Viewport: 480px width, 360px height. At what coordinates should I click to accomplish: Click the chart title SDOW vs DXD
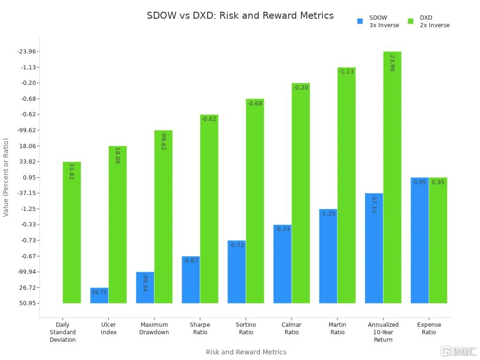(240, 15)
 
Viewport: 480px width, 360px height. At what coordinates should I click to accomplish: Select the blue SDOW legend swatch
(360, 21)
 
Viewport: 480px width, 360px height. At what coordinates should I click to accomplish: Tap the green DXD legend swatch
(411, 21)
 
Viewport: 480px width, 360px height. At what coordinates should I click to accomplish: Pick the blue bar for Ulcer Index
(99, 295)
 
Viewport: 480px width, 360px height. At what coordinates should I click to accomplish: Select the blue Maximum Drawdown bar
(145, 287)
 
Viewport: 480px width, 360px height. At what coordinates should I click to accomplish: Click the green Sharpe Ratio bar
(209, 209)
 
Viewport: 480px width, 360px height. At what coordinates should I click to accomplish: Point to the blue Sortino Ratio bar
(237, 272)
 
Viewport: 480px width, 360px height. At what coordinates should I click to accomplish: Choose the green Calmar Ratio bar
(300, 193)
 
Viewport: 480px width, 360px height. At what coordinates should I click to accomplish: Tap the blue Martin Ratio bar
(328, 256)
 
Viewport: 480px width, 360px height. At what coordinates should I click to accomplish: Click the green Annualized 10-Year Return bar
(392, 177)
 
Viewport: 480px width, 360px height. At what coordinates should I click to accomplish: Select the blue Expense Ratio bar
(420, 240)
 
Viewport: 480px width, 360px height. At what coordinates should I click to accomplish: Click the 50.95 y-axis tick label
(29, 303)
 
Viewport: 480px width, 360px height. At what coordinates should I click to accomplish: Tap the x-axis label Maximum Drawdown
(154, 328)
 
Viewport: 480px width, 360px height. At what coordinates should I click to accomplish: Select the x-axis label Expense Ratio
(429, 328)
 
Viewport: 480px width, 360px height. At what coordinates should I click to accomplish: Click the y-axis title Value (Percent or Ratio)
(6, 177)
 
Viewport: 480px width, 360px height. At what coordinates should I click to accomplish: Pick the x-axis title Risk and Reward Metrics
(246, 352)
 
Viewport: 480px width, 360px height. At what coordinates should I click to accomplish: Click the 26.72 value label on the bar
(99, 292)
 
